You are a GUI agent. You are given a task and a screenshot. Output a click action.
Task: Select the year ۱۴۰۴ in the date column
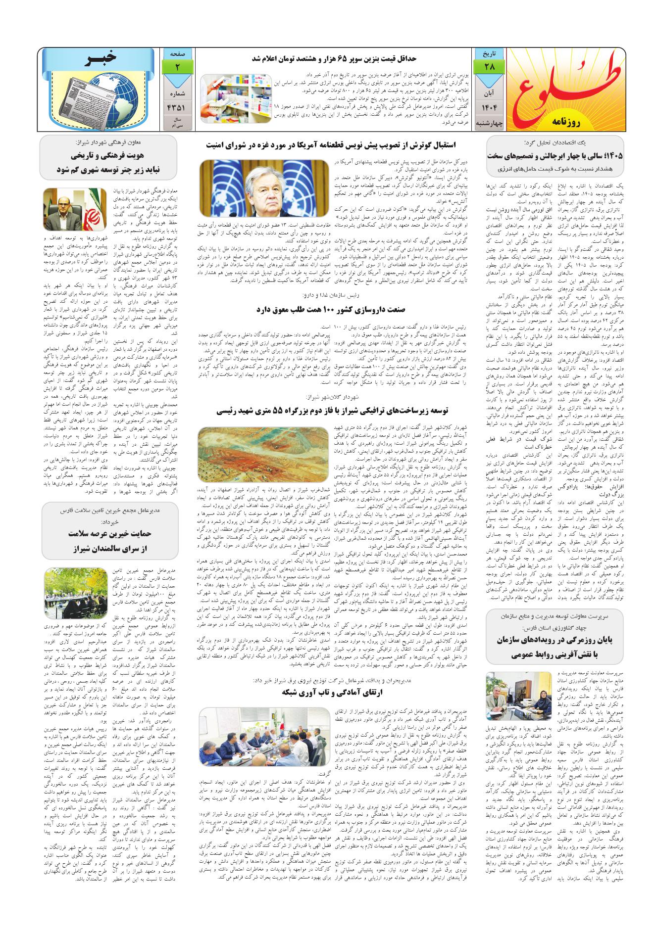click(483, 107)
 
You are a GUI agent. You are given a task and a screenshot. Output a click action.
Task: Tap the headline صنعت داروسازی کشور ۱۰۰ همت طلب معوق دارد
click(331, 310)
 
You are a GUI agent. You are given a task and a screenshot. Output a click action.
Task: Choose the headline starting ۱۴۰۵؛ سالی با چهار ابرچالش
click(555, 155)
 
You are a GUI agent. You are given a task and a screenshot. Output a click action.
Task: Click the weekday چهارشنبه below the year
click(483, 122)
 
